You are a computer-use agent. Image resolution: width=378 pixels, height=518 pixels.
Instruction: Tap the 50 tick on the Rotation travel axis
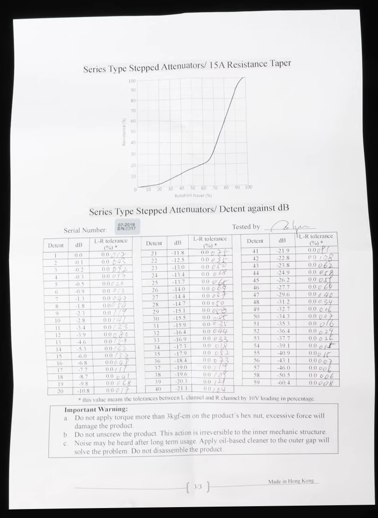(193, 188)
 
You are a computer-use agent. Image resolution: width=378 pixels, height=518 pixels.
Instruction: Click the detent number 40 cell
(154, 389)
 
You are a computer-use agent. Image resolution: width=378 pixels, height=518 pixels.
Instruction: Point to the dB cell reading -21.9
(282, 250)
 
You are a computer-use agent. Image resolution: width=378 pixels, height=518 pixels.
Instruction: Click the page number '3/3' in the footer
(198, 486)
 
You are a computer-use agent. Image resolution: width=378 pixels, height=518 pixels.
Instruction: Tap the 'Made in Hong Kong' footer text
(291, 481)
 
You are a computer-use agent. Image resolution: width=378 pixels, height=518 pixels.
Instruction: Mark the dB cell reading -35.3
(282, 324)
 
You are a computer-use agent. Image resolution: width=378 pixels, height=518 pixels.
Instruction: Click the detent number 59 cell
(256, 382)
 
